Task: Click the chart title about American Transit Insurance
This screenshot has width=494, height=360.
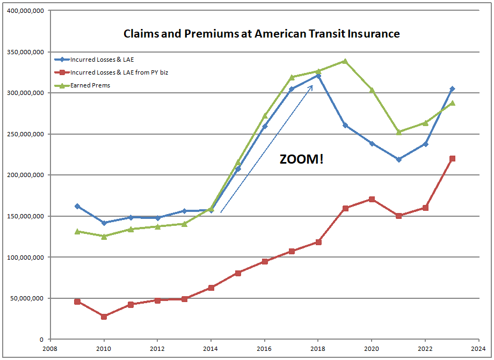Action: pyautogui.click(x=261, y=34)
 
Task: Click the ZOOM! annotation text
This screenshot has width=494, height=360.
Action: pyautogui.click(x=302, y=159)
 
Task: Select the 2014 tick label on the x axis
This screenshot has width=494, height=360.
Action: pyautogui.click(x=211, y=347)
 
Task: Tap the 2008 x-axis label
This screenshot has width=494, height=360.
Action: pyautogui.click(x=50, y=347)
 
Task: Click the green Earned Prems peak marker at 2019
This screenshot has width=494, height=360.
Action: pyautogui.click(x=345, y=61)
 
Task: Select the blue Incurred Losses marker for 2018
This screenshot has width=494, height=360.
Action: pyautogui.click(x=318, y=76)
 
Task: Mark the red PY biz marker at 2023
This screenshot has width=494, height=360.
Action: pyautogui.click(x=452, y=158)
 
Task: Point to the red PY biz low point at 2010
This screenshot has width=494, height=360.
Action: pyautogui.click(x=104, y=317)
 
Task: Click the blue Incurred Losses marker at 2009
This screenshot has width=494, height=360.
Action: pyautogui.click(x=77, y=206)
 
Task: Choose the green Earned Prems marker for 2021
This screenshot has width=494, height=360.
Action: pyautogui.click(x=398, y=132)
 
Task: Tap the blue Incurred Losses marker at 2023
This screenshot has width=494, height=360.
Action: pyautogui.click(x=452, y=89)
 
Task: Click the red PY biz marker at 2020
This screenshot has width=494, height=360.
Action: pyautogui.click(x=372, y=199)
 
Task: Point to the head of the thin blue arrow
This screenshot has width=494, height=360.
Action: pyautogui.click(x=313, y=85)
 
